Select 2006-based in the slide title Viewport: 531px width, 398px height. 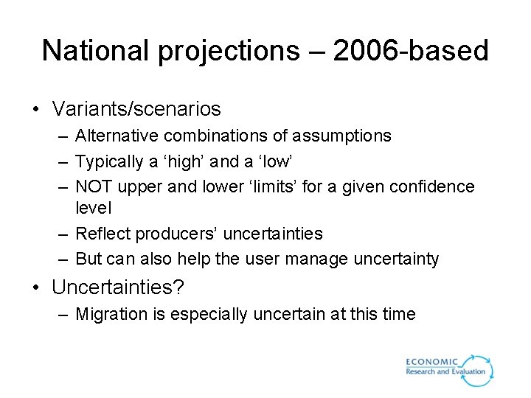pos(411,51)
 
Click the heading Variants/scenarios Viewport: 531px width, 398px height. pos(136,109)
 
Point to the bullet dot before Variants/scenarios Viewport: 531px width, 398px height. pos(35,110)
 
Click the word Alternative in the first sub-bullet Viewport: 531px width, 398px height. pos(117,136)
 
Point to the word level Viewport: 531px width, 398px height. pos(94,209)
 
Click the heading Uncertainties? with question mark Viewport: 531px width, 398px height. pos(128,287)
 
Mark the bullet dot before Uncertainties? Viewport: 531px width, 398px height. pos(35,287)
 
